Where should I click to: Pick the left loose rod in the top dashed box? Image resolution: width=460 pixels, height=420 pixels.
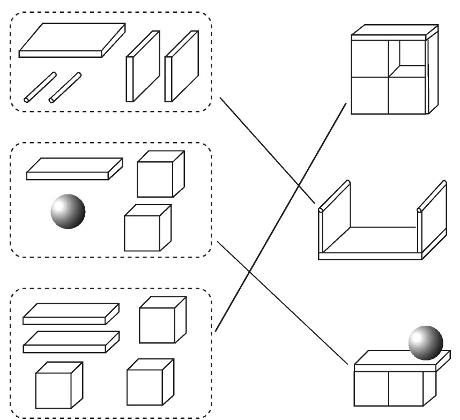click(40, 87)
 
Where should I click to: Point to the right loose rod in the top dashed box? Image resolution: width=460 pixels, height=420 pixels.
click(65, 87)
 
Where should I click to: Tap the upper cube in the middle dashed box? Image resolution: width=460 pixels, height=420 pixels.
click(160, 175)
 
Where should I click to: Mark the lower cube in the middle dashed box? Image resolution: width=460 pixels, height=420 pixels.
click(147, 228)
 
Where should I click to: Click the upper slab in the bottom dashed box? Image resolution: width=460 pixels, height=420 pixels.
click(70, 313)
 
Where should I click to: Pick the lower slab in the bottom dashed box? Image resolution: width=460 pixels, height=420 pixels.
click(70, 341)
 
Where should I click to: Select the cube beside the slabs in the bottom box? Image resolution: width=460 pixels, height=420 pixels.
click(162, 321)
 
